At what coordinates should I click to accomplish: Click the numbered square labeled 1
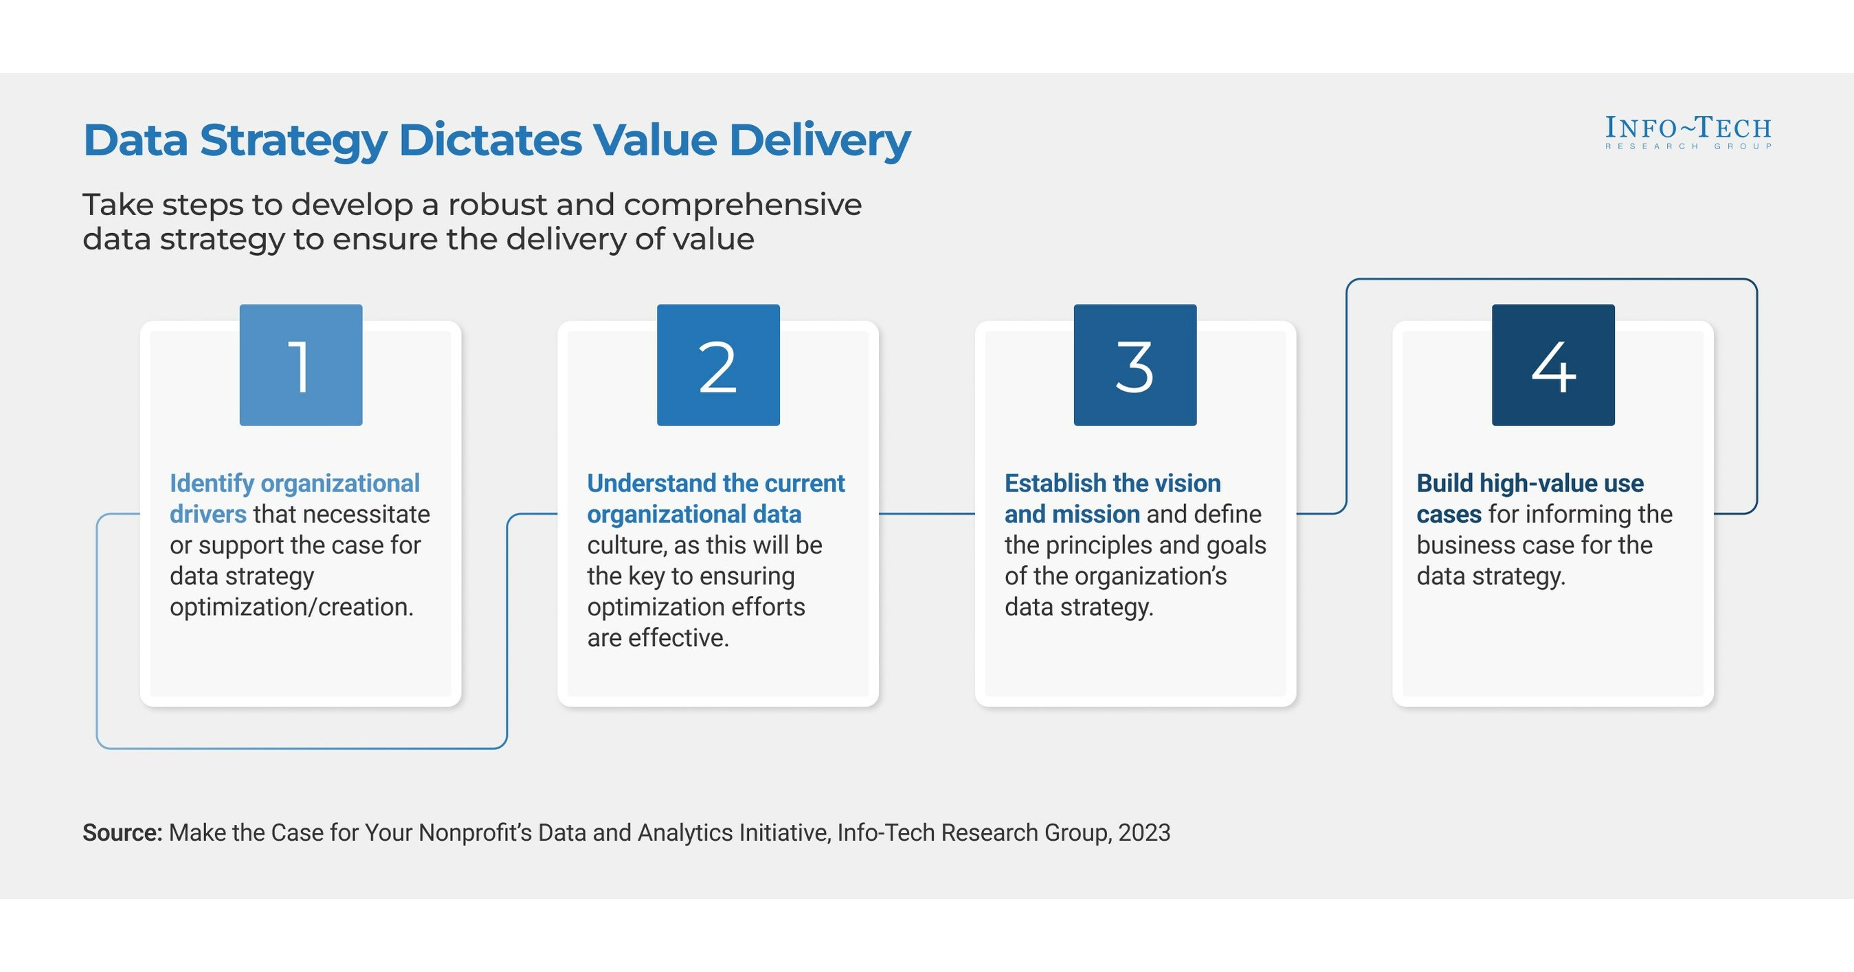coord(301,365)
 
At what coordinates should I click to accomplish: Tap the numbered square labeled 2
coord(718,365)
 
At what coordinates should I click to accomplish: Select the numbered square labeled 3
coord(1135,365)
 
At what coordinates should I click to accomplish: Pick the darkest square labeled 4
coord(1553,365)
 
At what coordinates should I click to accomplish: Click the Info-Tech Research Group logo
coord(1688,133)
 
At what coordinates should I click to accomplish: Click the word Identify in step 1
coord(212,483)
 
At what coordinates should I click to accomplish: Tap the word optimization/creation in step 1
coord(291,607)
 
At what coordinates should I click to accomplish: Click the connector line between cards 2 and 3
coord(926,513)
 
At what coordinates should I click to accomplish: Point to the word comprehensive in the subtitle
coord(742,206)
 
